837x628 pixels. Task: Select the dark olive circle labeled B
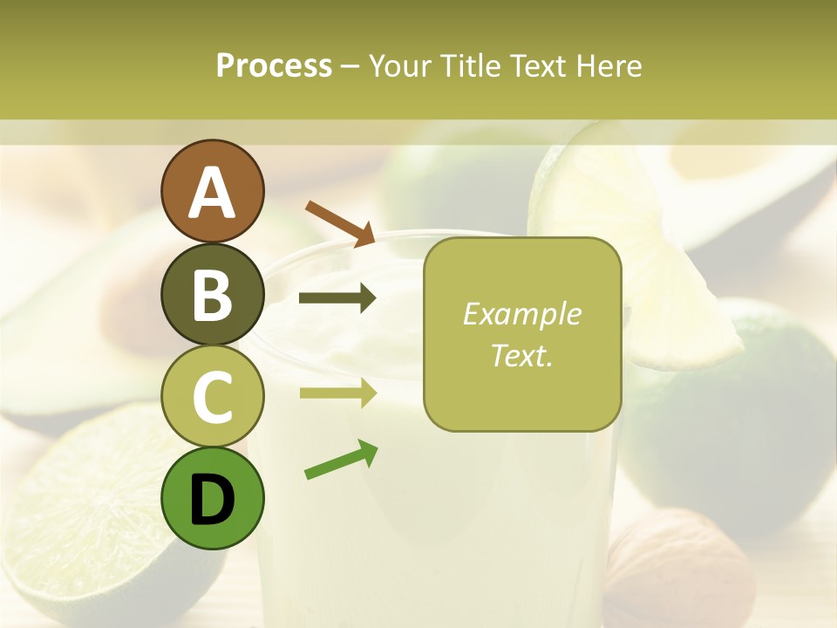(x=213, y=294)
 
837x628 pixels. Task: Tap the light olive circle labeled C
(x=213, y=396)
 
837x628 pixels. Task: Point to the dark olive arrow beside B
(x=337, y=298)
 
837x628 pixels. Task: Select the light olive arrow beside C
(x=338, y=392)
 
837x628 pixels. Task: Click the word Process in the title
(x=274, y=65)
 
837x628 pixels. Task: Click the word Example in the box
(x=521, y=314)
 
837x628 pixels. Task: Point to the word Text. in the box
(x=521, y=355)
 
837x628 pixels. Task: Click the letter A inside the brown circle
(x=213, y=193)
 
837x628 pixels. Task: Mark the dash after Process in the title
(x=350, y=67)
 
